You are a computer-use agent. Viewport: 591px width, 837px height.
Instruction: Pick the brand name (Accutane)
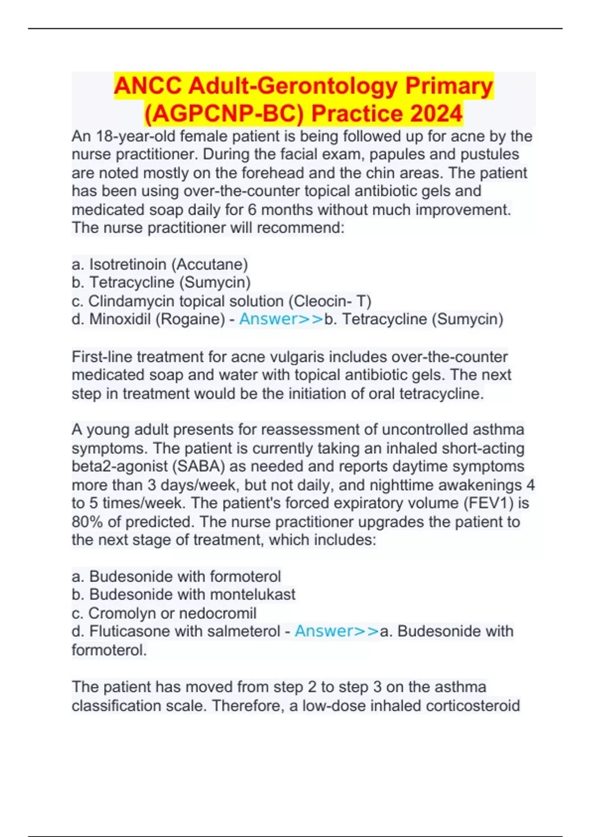[210, 265]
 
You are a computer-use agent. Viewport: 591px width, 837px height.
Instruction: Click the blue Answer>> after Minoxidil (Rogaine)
[281, 319]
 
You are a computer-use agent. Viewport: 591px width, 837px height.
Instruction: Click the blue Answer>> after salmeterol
[337, 631]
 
